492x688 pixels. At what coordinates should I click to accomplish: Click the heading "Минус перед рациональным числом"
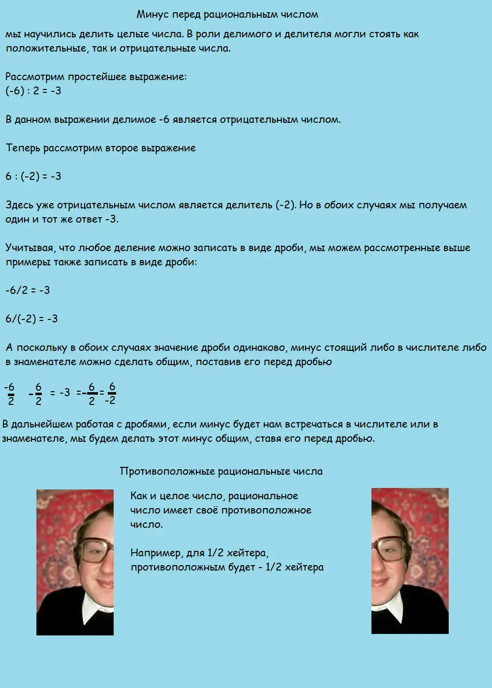(227, 15)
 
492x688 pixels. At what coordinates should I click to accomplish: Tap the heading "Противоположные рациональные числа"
(221, 471)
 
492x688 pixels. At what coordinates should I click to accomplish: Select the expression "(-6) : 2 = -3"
(33, 91)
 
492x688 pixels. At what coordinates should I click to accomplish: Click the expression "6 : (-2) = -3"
(33, 176)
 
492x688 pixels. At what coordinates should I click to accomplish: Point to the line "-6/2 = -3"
(28, 290)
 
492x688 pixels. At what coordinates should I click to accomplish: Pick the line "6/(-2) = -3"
(31, 319)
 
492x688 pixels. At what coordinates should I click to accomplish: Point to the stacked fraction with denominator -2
(111, 394)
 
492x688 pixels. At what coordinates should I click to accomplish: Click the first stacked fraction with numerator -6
(10, 394)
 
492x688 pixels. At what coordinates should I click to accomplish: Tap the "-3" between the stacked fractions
(64, 393)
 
